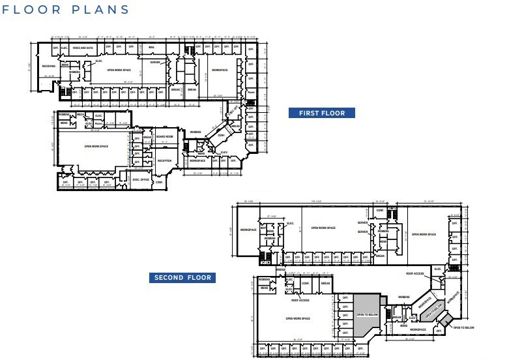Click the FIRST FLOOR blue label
tap(321, 113)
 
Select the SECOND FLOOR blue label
tap(182, 278)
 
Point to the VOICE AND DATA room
tap(83, 48)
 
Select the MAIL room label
tap(151, 48)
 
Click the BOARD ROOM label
tap(164, 136)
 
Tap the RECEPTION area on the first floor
tap(164, 160)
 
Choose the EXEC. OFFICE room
tap(141, 179)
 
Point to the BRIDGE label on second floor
tap(281, 268)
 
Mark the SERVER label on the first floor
tap(155, 63)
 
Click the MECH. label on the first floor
tap(81, 115)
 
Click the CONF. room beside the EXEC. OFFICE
tap(159, 182)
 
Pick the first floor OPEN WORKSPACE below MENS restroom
tap(96, 146)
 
